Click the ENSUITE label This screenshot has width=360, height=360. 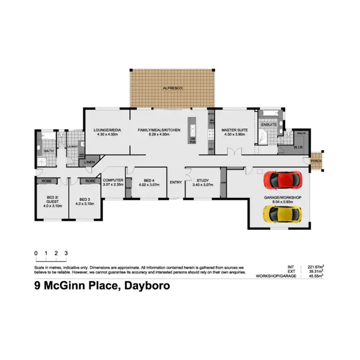tap(268, 125)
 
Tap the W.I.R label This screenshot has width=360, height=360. tap(298, 147)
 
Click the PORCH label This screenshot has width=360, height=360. tap(316, 161)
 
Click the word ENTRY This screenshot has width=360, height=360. tap(176, 182)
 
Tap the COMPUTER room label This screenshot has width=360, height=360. tap(113, 180)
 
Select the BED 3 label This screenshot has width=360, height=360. tap(85, 199)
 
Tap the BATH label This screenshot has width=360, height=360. tap(48, 151)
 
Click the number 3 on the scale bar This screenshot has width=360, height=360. tap(66, 252)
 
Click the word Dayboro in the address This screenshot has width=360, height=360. tap(147, 287)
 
